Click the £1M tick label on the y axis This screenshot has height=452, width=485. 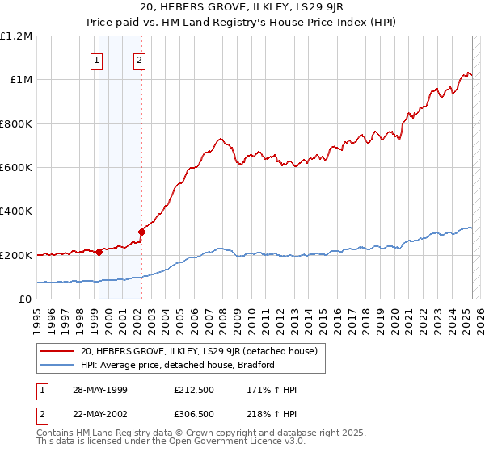point(21,80)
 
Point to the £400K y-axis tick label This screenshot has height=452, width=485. point(17,211)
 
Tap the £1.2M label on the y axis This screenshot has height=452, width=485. point(17,36)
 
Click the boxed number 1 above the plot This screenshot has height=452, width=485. point(97,59)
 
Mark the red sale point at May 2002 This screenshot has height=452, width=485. point(141,232)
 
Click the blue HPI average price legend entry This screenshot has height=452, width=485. point(178,365)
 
